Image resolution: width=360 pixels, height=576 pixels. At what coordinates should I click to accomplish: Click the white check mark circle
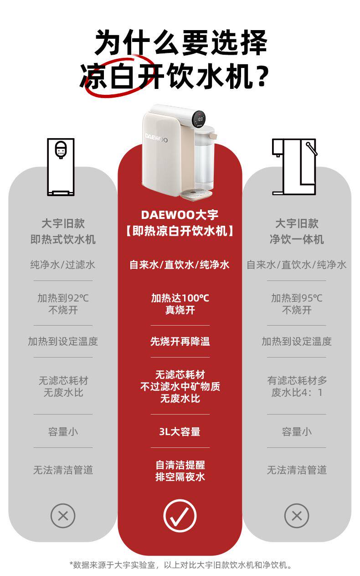pos(180,516)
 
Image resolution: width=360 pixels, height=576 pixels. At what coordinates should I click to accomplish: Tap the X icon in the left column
pos(63,516)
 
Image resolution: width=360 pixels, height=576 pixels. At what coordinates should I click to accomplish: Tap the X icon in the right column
pos(297,516)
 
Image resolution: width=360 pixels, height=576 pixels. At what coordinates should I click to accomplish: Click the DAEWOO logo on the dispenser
pos(157,137)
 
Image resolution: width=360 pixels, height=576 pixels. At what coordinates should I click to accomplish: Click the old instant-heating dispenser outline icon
pos(61,167)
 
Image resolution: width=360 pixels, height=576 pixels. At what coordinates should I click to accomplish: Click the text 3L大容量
pos(180,431)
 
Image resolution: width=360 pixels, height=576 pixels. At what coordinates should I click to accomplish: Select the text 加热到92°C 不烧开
pos(63,304)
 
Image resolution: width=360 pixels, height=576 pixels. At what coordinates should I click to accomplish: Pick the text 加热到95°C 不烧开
pos(297,304)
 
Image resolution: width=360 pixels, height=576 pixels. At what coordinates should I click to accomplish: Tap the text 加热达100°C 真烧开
pos(180,304)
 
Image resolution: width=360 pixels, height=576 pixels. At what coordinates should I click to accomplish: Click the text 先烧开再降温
pos(180,341)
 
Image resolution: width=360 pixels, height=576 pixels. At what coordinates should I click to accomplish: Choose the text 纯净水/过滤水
pos(63,265)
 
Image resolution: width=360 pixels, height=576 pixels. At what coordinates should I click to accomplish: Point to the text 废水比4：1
pos(297,393)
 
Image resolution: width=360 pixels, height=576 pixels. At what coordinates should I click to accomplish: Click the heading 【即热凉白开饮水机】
pos(180,231)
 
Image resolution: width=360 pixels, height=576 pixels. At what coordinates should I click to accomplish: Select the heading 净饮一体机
pos(297,239)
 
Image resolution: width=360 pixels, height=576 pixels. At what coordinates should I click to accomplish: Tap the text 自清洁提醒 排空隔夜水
pos(180,471)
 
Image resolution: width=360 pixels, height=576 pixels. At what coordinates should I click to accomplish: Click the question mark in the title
pos(261,77)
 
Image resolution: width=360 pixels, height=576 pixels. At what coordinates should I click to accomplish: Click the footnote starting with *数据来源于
pos(180,565)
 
